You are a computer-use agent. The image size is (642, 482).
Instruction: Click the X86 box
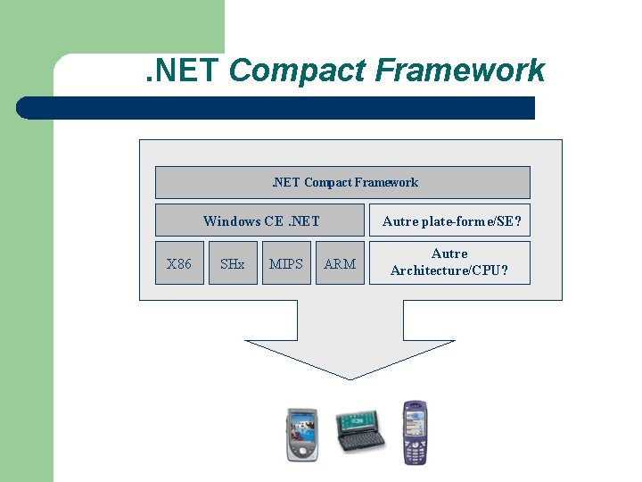[x=179, y=263]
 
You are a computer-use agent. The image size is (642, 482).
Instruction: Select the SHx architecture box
[x=233, y=263]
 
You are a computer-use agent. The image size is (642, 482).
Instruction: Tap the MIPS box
[x=286, y=263]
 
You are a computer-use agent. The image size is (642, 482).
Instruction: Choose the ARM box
[x=340, y=263]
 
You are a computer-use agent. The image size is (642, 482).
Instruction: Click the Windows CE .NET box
[x=260, y=220]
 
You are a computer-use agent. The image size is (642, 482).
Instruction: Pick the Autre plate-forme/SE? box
[x=450, y=220]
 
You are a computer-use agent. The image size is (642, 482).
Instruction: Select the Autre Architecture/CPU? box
[x=449, y=262]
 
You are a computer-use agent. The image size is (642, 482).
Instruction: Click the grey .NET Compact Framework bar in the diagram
[x=342, y=182]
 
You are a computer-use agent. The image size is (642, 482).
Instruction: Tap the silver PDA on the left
[x=301, y=434]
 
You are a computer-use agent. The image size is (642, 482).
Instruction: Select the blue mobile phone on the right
[x=415, y=432]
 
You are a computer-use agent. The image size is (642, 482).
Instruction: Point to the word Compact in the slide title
[x=299, y=70]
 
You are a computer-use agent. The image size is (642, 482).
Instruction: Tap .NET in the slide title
[x=183, y=70]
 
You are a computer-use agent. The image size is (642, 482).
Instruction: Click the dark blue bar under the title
[x=276, y=108]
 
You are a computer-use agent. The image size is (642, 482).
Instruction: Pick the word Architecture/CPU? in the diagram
[x=449, y=270]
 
